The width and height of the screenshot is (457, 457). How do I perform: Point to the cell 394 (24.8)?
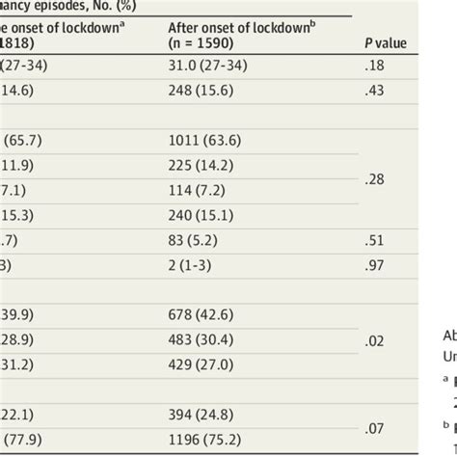196,443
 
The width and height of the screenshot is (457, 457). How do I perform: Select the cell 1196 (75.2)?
200,453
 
